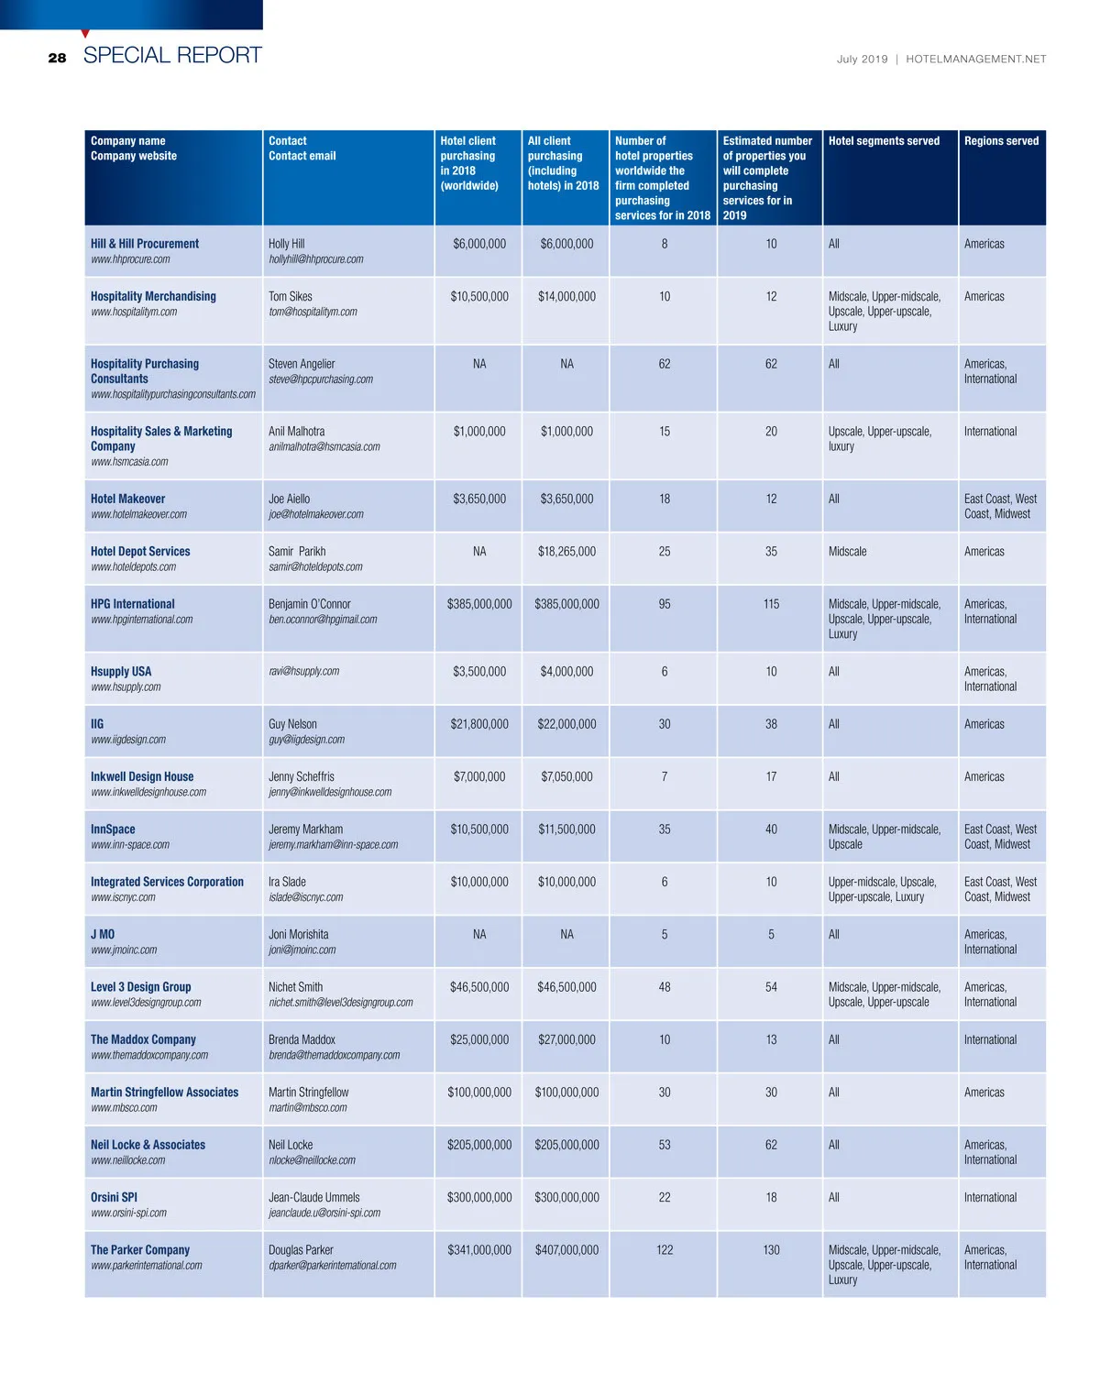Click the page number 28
click(57, 58)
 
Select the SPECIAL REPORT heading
click(172, 55)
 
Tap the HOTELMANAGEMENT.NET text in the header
click(975, 59)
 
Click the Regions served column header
click(1001, 141)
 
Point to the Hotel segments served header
click(884, 141)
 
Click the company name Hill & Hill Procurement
click(145, 244)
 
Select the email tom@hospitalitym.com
click(313, 312)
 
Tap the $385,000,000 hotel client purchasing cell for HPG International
click(479, 604)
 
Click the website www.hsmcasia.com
click(129, 462)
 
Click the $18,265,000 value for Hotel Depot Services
click(566, 552)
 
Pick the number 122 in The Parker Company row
click(665, 1250)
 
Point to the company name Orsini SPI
click(114, 1197)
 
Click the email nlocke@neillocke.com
click(312, 1160)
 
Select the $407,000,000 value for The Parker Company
click(566, 1250)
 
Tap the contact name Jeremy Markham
click(305, 829)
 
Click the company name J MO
click(103, 934)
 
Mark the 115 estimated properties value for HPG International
click(771, 604)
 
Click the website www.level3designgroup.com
click(146, 1003)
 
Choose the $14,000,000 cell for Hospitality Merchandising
click(566, 297)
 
